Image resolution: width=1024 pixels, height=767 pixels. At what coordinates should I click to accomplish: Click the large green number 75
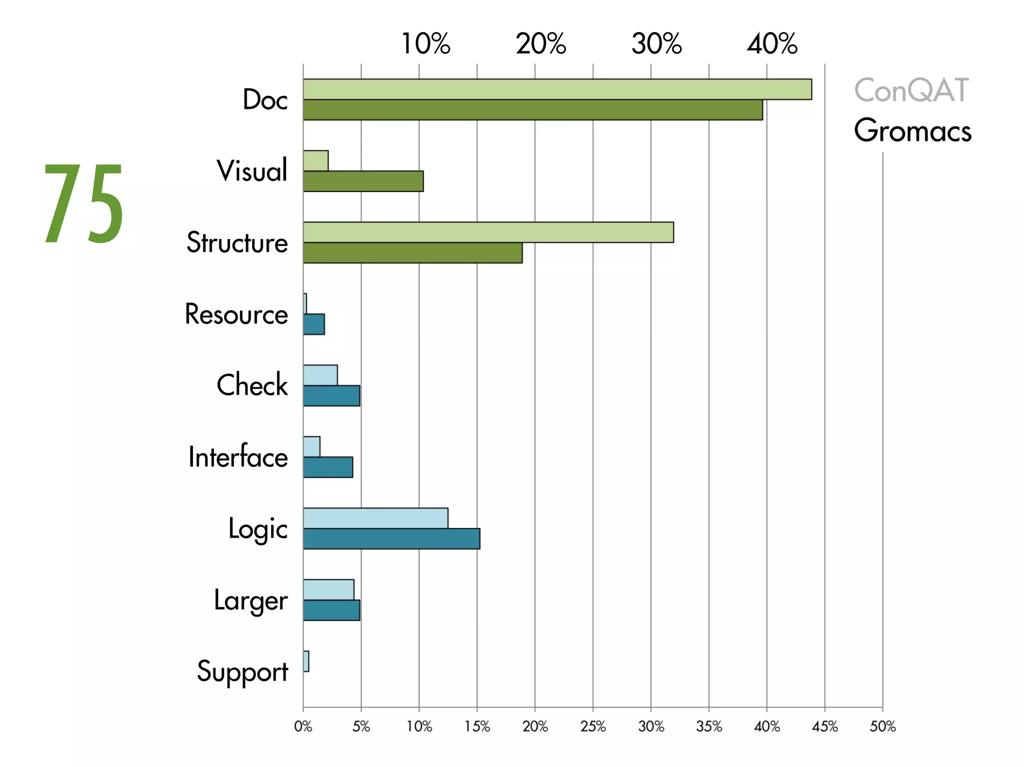coord(84,204)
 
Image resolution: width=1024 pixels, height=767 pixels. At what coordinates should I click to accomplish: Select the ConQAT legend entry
coord(911,90)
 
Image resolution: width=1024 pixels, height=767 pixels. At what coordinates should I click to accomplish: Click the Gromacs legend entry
coord(912,130)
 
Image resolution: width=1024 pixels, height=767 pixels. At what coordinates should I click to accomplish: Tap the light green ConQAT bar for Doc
coord(557,89)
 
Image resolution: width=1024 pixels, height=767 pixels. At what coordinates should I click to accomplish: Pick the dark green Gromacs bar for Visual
coord(363,181)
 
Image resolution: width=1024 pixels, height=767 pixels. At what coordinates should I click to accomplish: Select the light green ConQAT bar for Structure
coord(488,232)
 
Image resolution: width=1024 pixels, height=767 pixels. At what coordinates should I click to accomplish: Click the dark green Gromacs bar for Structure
coord(412,253)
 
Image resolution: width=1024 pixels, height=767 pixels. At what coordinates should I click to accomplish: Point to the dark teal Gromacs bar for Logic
coord(391,539)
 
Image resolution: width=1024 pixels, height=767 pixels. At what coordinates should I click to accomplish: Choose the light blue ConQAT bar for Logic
coord(375,518)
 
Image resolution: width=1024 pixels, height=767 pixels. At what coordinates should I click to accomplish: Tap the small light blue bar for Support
coord(306,661)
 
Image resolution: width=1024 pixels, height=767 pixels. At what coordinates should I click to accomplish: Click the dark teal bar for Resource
coord(314,324)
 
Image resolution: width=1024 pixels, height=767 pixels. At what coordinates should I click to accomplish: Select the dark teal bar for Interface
coord(328,467)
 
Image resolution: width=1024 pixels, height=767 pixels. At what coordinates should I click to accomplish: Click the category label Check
coord(252,385)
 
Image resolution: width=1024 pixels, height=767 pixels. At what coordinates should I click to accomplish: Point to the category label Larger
coord(250,601)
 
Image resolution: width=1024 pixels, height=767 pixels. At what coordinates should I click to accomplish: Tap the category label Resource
coord(236,314)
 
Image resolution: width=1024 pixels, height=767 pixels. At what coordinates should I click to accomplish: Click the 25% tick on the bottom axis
coord(593,727)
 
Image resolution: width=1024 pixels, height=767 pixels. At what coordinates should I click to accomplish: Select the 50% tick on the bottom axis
coord(882,727)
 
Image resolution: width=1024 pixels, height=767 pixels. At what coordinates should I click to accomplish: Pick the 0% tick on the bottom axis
coord(303,727)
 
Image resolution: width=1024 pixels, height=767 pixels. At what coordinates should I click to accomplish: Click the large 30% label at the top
coord(656,44)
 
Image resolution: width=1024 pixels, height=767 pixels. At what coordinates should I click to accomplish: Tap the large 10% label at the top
coord(425,44)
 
